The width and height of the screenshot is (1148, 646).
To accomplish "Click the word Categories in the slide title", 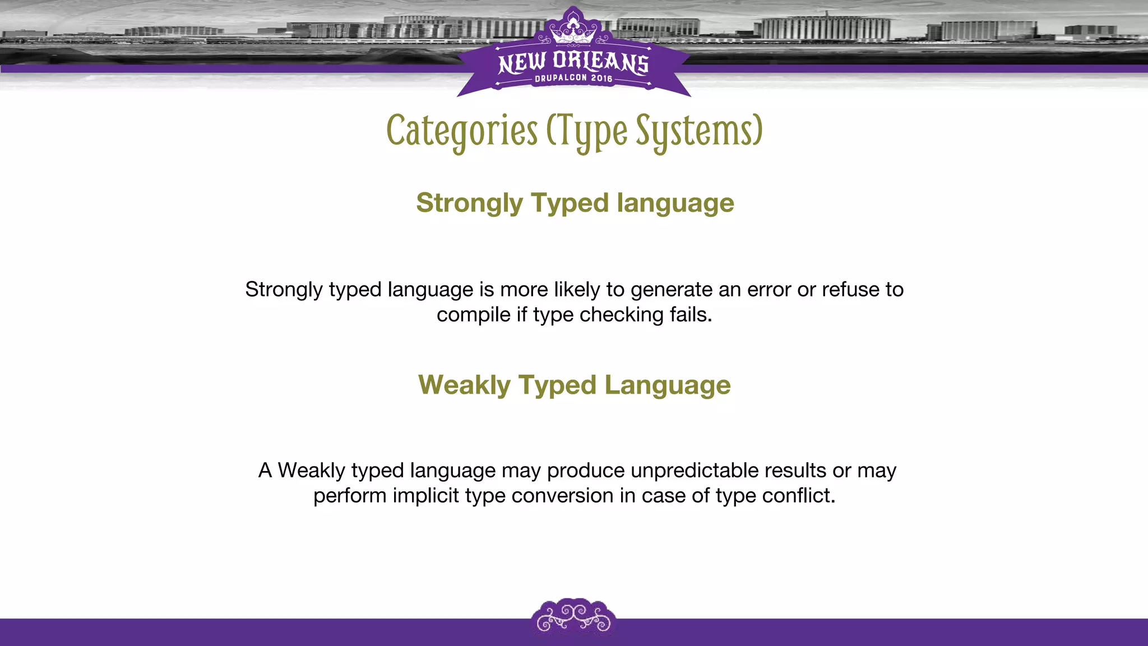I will tap(462, 131).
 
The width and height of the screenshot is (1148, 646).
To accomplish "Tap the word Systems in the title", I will tap(698, 131).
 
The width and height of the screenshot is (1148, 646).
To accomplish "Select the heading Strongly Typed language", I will tap(575, 203).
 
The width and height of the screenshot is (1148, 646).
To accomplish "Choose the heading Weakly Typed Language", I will tap(574, 385).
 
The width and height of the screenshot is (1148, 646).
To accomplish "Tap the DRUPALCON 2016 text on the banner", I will tap(573, 79).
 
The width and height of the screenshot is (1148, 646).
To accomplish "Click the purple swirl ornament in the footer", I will tap(573, 617).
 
